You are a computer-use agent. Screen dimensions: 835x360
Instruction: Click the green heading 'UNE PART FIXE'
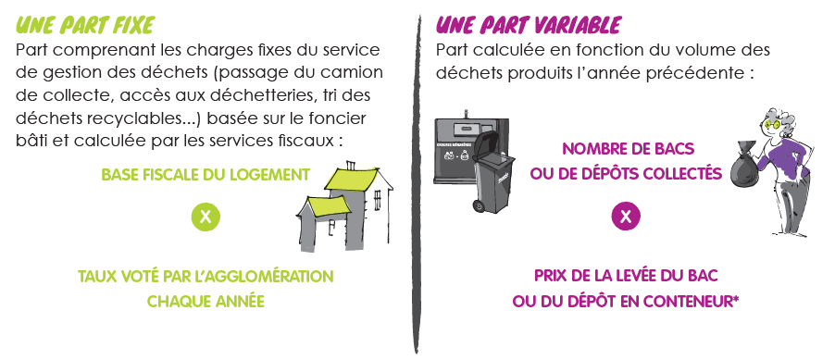85,25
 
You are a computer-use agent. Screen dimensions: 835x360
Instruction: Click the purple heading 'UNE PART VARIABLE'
529,24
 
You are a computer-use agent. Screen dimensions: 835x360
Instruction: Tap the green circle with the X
205,217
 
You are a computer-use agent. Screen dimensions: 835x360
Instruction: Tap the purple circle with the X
626,217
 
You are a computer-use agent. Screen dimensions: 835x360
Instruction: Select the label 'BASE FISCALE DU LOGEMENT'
206,175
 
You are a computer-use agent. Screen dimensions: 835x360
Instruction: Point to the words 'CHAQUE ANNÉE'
206,302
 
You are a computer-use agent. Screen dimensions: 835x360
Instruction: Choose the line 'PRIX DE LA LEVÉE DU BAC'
626,276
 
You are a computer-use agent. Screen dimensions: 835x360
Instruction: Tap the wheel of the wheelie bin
479,205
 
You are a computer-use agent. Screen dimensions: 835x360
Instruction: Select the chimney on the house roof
352,166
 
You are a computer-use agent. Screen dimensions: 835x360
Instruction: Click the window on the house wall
378,200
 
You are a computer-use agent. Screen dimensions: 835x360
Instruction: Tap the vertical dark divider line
416,184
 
